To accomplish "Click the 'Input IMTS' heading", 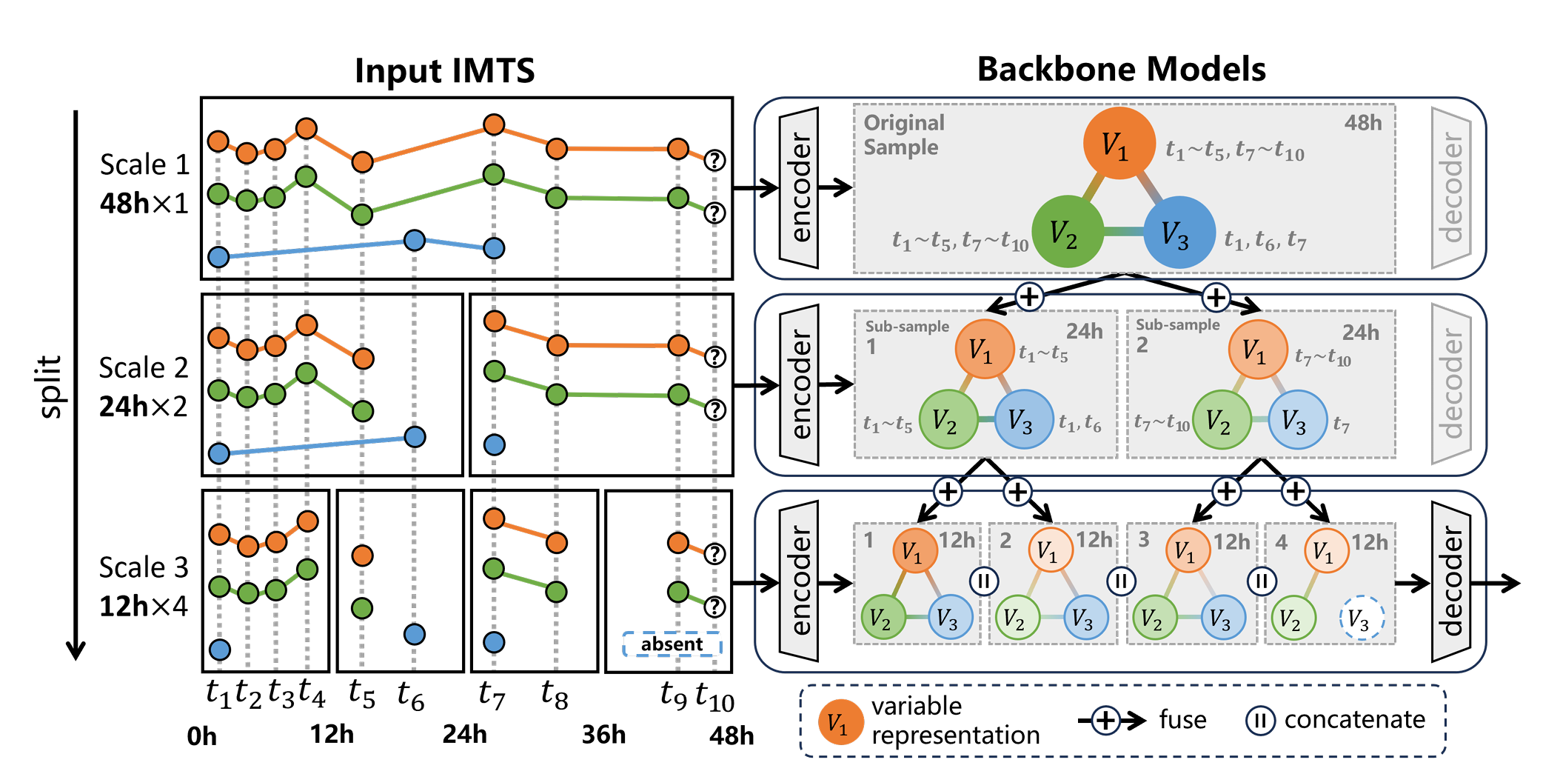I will click(x=444, y=71).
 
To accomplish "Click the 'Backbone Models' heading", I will click(x=1121, y=69).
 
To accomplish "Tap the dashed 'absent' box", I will click(x=672, y=644).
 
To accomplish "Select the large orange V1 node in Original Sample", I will click(x=1119, y=144).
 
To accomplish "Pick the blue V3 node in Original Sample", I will click(x=1179, y=232).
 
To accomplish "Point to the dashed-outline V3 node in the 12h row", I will click(x=1362, y=618).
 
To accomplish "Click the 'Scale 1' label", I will click(x=144, y=164).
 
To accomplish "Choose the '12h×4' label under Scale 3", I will click(x=144, y=606).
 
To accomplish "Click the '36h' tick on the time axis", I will click(x=603, y=735).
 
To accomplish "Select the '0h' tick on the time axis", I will click(x=201, y=736).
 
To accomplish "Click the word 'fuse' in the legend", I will click(x=1182, y=719).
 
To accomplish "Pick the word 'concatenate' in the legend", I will click(x=1354, y=719).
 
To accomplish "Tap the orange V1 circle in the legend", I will click(x=840, y=721).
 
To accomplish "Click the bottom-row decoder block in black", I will click(x=1450, y=582).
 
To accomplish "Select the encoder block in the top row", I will click(x=799, y=188).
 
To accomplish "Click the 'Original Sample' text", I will click(x=903, y=135).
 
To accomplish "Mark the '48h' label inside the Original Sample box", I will click(x=1362, y=123).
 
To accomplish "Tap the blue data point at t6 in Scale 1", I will click(x=415, y=240).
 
